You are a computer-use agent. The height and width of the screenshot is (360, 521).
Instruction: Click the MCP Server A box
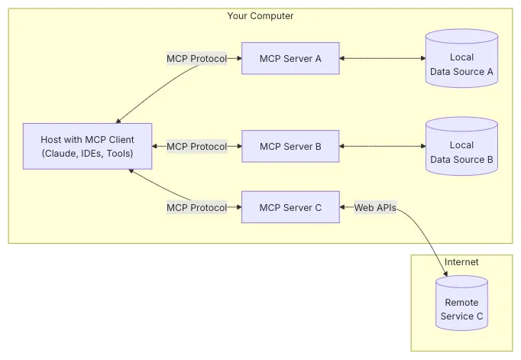290,58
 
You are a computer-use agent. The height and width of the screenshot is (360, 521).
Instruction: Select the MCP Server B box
290,146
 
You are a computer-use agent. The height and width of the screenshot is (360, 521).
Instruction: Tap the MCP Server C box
290,207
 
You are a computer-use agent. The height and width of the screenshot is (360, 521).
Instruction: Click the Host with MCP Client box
87,146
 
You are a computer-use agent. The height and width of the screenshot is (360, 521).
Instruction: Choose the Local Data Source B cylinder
461,148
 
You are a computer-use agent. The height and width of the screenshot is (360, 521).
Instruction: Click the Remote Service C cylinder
461,306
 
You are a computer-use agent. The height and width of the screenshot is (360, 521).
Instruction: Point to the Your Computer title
260,16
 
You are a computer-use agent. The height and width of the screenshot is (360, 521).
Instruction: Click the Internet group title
461,262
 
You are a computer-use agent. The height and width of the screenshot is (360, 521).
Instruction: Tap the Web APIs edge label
375,207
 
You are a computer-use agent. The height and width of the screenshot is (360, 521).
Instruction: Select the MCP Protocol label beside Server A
196,58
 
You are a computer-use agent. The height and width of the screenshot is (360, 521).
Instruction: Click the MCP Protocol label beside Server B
196,146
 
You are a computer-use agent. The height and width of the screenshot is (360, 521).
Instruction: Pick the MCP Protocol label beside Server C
196,207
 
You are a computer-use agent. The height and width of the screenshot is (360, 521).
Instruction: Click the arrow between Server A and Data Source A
382,58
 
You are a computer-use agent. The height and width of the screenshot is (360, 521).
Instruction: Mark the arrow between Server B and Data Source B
382,146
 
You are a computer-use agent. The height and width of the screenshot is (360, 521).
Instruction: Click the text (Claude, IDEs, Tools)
87,154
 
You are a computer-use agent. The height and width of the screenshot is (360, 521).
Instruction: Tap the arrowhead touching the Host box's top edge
118,120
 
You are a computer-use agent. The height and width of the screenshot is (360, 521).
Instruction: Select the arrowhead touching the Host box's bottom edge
131,172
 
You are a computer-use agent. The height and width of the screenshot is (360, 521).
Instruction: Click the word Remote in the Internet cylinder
461,302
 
